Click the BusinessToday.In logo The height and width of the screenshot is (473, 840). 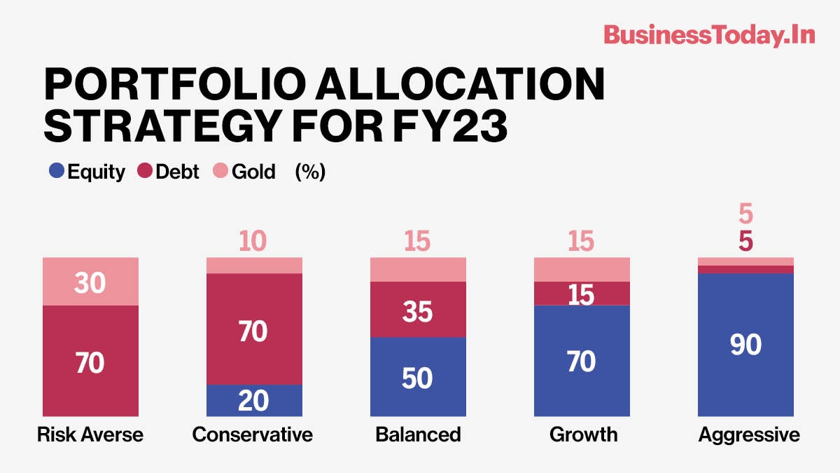pos(709,34)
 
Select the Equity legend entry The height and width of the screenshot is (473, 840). pos(88,172)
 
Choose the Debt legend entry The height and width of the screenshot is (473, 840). pos(167,172)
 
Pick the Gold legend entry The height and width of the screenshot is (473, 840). pos(244,172)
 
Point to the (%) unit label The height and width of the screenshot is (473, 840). pos(310,172)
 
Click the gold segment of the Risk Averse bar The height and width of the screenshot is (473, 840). pos(91,281)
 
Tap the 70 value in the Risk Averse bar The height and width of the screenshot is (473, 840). pos(91,363)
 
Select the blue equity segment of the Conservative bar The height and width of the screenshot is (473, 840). pos(254,401)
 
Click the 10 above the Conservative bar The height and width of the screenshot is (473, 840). pos(252,242)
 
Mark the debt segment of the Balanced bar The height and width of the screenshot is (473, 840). pos(418,310)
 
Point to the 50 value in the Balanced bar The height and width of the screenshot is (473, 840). pos(418,378)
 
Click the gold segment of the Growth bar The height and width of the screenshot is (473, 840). pos(582,269)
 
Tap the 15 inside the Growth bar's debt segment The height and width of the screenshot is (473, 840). pos(582,295)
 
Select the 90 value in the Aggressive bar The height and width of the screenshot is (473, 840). pos(745,345)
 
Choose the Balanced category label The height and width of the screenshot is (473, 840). pos(418,434)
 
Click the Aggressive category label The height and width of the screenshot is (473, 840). pos(748,434)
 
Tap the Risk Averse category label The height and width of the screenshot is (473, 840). pos(90,434)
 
